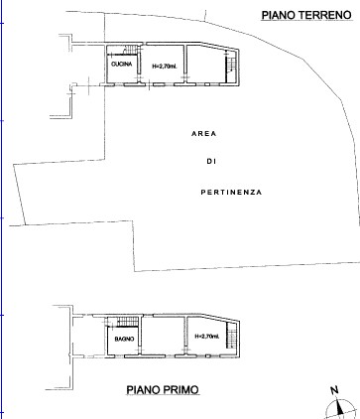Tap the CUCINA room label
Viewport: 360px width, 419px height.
(122, 65)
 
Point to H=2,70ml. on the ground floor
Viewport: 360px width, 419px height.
(165, 67)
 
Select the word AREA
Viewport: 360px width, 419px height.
(204, 134)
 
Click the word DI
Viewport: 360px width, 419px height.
(211, 162)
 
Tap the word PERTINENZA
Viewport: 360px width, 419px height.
(231, 193)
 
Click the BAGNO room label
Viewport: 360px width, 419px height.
(124, 339)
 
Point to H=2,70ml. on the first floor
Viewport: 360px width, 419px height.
(207, 337)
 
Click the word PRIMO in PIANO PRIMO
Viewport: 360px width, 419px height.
(181, 390)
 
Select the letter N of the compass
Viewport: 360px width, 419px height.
(334, 390)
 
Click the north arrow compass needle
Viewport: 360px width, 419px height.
(339, 407)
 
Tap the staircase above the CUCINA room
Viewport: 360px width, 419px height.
(131, 50)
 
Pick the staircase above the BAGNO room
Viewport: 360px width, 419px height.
(128, 321)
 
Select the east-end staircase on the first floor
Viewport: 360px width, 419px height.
(231, 335)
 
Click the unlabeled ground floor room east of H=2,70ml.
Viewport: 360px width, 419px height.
(206, 65)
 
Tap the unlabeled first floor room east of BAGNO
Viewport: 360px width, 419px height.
(164, 336)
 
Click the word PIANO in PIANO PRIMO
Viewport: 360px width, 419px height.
(144, 390)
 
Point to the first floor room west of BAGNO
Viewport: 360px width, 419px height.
(88, 337)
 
